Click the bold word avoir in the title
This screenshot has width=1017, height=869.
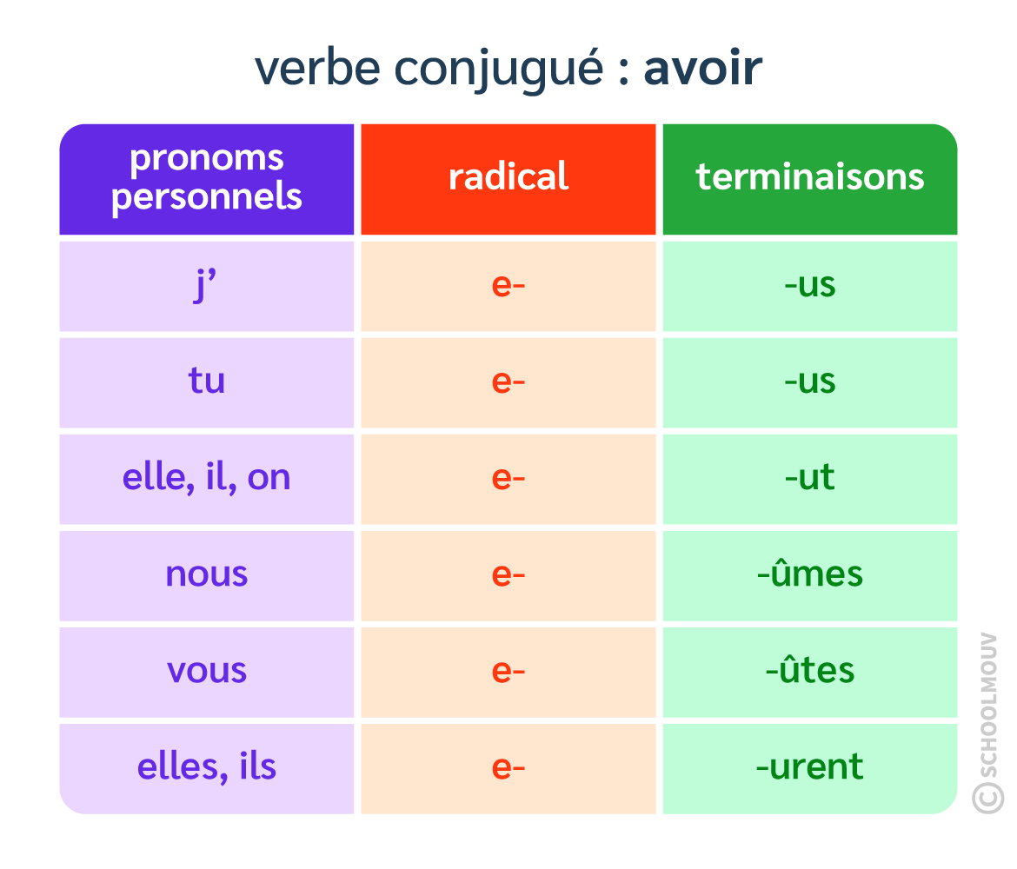click(702, 69)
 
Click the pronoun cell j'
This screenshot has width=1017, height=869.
click(207, 286)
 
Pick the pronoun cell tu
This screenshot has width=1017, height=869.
click(207, 381)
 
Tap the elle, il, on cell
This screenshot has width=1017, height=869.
click(207, 478)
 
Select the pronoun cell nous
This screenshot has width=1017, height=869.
click(207, 574)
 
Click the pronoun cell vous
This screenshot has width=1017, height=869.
click(207, 671)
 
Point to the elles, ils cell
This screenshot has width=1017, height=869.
click(207, 767)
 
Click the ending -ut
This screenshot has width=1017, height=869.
click(810, 478)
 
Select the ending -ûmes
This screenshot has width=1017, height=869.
click(810, 574)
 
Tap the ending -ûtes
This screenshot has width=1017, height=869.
click(810, 671)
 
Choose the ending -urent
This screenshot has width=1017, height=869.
click(810, 767)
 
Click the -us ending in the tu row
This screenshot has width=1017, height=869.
click(810, 381)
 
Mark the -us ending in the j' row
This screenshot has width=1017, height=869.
click(810, 286)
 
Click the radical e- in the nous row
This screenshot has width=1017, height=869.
click(508, 574)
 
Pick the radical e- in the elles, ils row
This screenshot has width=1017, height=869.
click(508, 767)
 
